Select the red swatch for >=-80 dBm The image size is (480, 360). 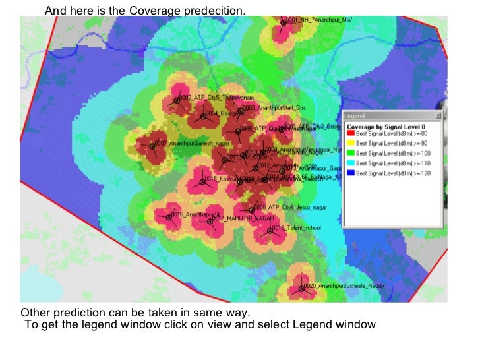pos(350,134)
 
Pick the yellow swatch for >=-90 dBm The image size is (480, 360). pos(350,143)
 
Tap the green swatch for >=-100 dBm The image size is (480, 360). pos(350,153)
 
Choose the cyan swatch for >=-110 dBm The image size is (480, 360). pos(350,162)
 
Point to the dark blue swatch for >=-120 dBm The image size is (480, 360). pos(350,172)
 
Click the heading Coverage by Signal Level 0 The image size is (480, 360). pos(386,125)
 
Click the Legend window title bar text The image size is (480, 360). pos(355,115)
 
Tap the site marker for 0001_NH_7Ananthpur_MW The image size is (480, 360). pos(284,22)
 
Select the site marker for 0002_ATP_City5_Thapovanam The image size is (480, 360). pos(177,100)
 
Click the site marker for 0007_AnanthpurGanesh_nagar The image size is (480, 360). pos(152,146)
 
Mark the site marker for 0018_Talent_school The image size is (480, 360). pos(270,230)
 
